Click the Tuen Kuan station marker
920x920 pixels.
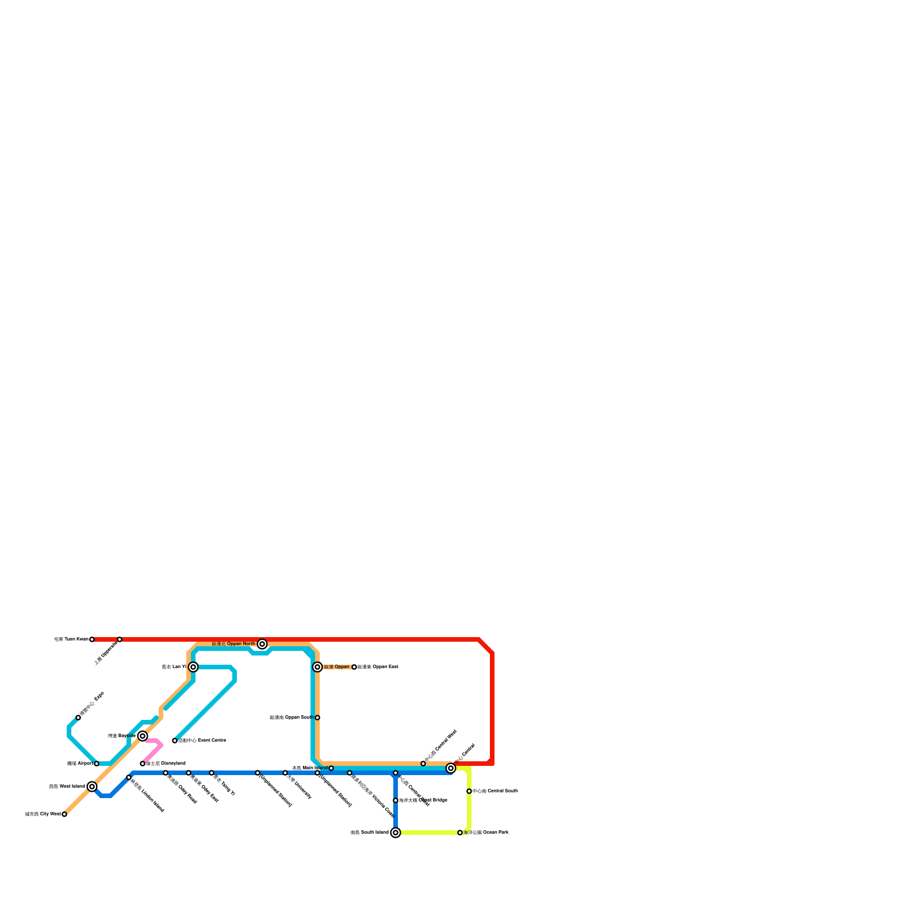coord(92,639)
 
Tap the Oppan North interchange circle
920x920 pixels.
coord(262,644)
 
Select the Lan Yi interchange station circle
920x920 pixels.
coord(193,667)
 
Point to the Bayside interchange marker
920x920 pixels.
coord(143,736)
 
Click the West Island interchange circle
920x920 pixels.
coord(92,787)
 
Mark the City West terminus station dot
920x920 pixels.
coord(64,814)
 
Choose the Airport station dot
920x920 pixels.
coord(97,764)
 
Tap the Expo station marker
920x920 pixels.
coord(78,718)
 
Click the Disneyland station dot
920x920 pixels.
coord(143,764)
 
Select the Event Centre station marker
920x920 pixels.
coord(175,741)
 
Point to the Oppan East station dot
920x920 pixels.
coord(354,667)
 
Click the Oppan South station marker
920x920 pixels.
coord(317,718)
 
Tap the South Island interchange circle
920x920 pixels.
coord(396,833)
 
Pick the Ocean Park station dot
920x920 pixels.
coord(460,833)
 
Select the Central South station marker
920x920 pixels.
coord(469,791)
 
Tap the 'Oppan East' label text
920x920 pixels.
coord(378,667)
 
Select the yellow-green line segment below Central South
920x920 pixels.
coord(469,812)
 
